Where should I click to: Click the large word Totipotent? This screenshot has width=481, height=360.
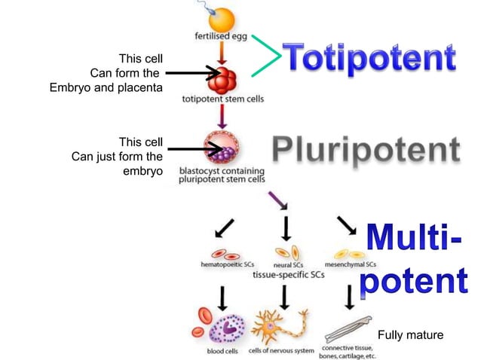(x=369, y=58)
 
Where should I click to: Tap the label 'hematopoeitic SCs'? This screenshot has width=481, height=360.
(x=224, y=264)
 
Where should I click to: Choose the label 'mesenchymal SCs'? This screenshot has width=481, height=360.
(x=351, y=264)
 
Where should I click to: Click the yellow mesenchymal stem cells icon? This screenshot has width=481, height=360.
(x=351, y=253)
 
